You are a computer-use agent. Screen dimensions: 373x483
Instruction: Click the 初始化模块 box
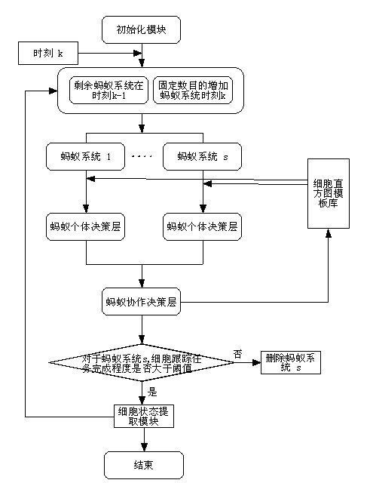[141, 30]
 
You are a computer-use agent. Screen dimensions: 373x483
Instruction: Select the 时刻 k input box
[48, 54]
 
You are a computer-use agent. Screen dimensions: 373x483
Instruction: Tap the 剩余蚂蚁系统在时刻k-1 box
[109, 91]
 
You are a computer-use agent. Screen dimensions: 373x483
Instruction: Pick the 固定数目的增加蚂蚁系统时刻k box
[193, 91]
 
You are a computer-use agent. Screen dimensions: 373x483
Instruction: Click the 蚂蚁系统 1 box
[85, 156]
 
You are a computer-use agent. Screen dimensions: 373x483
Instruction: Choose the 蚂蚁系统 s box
[203, 156]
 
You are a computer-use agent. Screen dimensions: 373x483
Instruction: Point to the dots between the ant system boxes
[142, 156]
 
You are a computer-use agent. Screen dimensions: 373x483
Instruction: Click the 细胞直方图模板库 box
[329, 193]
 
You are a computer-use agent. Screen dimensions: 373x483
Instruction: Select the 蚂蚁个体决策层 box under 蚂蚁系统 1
[85, 226]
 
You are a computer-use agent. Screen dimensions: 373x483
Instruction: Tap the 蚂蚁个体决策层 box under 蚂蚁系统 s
[203, 226]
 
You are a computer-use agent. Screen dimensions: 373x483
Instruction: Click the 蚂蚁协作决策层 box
[141, 302]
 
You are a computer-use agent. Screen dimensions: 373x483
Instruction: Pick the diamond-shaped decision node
[142, 362]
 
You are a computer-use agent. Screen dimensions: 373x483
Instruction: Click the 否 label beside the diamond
[237, 354]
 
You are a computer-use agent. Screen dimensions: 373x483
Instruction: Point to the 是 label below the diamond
[152, 392]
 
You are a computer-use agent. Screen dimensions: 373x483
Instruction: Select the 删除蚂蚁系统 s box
[291, 362]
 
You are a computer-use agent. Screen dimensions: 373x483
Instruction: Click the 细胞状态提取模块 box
[144, 416]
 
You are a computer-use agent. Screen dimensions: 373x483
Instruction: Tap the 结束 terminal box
[144, 465]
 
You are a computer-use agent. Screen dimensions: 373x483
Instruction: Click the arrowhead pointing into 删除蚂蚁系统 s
[257, 362]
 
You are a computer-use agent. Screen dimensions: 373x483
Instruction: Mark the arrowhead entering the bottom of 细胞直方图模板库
[329, 233]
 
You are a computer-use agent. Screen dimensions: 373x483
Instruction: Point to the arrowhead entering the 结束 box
[144, 448]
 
